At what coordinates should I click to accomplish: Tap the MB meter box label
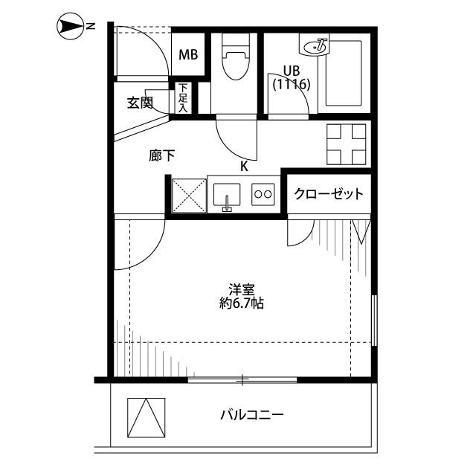pyautogui.click(x=188, y=55)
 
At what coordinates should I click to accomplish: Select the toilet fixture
pyautogui.click(x=236, y=57)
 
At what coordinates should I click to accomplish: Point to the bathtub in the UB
pyautogui.click(x=344, y=73)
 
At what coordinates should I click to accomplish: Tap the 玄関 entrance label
pyautogui.click(x=140, y=103)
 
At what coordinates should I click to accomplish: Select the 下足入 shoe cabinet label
pyautogui.click(x=183, y=97)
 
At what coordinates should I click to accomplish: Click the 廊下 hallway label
pyautogui.click(x=162, y=155)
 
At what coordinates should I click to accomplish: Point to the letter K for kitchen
pyautogui.click(x=244, y=167)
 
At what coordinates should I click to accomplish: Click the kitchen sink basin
pyautogui.click(x=227, y=195)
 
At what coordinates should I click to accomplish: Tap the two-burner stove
pyautogui.click(x=263, y=194)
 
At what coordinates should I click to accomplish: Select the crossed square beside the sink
pyautogui.click(x=189, y=196)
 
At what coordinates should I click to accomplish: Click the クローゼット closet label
pyautogui.click(x=329, y=193)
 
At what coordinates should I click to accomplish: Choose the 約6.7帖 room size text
pyautogui.click(x=242, y=303)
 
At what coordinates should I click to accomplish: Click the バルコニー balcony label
pyautogui.click(x=252, y=414)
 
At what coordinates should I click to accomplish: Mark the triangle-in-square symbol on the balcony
pyautogui.click(x=147, y=417)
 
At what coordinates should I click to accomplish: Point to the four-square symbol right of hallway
pyautogui.click(x=346, y=144)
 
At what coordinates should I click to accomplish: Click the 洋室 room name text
pyautogui.click(x=242, y=289)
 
